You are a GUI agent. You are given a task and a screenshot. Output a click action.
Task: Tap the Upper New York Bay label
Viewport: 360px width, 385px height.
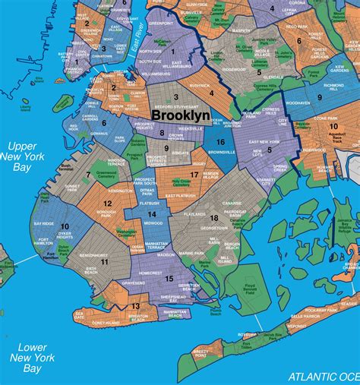(22, 156)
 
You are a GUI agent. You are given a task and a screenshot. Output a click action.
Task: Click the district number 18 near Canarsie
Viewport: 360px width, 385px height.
(215, 218)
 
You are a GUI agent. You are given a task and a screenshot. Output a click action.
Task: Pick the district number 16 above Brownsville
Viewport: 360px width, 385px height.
(219, 141)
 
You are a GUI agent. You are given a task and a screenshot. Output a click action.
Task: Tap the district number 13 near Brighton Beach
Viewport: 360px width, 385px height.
(135, 306)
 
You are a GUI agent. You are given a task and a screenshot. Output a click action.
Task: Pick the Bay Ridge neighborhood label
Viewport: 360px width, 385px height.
(43, 223)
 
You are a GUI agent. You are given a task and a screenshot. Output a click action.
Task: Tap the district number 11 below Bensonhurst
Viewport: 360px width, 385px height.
(104, 262)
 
